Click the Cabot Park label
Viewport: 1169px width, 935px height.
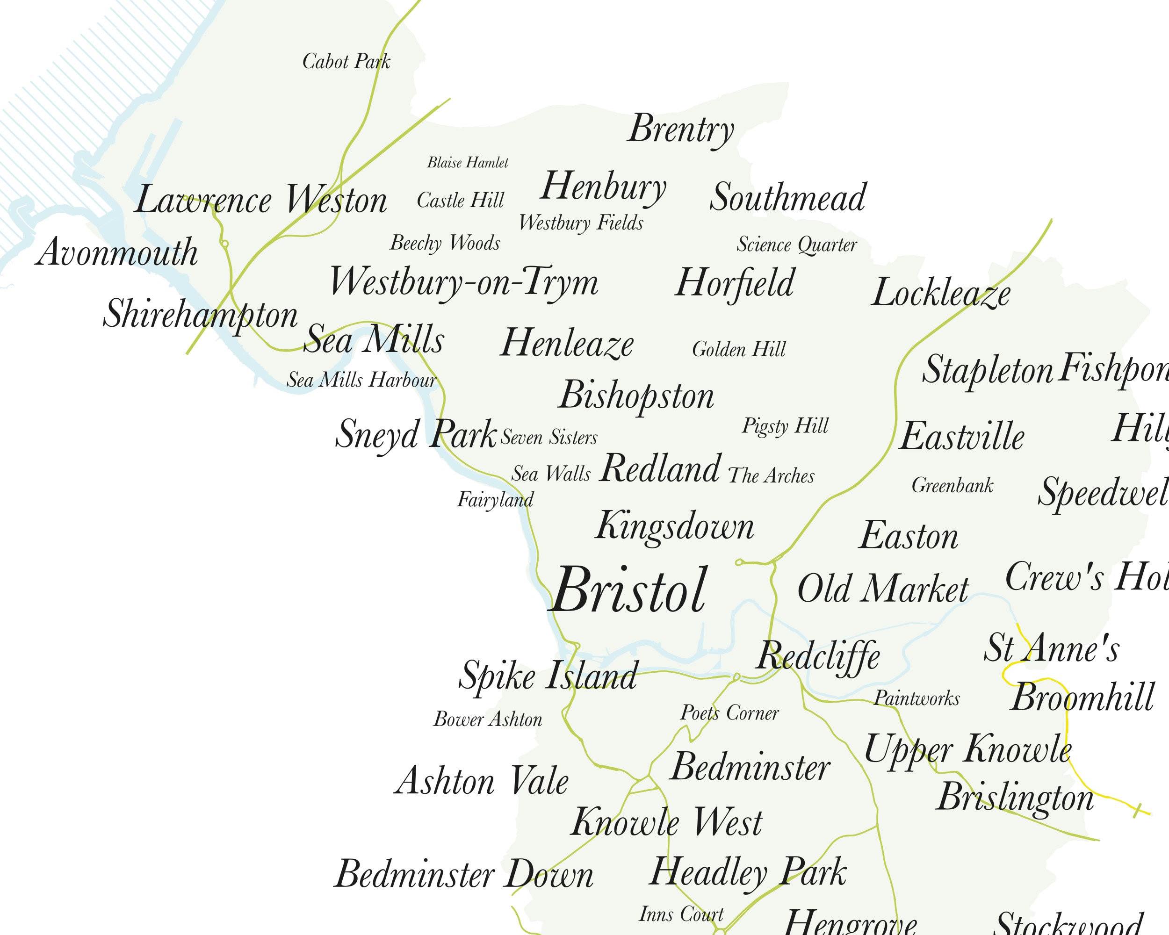346,62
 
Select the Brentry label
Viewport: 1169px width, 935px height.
681,130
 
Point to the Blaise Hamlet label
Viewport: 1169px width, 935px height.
468,163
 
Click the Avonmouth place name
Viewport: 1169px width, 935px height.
116,252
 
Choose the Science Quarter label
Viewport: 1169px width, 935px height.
796,245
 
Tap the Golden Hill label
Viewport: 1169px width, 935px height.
738,350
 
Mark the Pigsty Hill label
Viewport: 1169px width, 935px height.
785,426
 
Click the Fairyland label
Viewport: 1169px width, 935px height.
495,500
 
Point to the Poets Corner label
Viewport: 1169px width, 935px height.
729,713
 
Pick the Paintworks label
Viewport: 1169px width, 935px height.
916,698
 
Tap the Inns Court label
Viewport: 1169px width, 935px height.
681,914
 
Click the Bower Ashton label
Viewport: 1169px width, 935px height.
487,719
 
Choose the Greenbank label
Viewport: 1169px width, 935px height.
952,485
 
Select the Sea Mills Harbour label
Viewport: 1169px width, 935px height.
361,380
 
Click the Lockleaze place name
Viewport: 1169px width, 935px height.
941,293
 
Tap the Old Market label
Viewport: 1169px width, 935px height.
883,589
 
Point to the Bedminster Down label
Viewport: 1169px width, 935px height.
463,874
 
